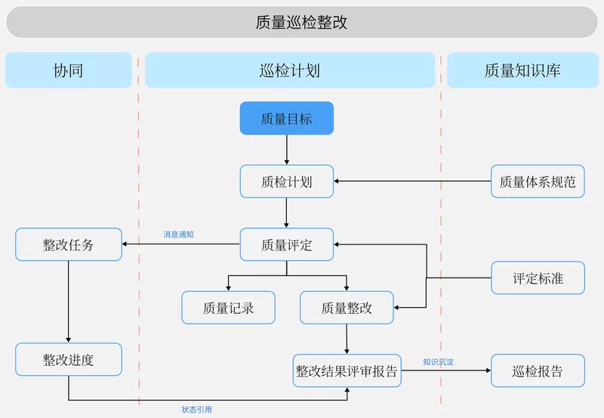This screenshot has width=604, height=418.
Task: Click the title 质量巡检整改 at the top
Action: [301, 22]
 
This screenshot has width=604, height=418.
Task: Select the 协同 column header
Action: [68, 70]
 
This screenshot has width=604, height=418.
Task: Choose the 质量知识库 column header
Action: [522, 70]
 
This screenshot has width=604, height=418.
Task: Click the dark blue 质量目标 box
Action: [286, 118]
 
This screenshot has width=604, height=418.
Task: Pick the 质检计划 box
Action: [286, 182]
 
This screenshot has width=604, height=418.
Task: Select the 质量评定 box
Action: [286, 244]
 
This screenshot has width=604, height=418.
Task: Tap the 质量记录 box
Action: [228, 308]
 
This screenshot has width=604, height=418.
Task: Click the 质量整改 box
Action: [347, 308]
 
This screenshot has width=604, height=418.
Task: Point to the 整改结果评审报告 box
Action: [347, 371]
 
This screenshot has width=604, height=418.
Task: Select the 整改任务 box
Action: [68, 244]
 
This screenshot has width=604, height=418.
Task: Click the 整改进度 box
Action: [68, 360]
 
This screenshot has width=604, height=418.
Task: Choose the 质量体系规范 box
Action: [538, 182]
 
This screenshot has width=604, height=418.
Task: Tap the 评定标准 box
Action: [538, 278]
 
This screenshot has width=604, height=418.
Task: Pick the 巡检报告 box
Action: [538, 371]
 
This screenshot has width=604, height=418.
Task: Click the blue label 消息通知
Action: [179, 235]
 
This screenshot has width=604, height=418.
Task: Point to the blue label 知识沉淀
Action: [439, 362]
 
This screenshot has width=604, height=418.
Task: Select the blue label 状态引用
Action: [196, 410]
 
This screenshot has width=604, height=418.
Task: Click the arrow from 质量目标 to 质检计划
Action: [286, 150]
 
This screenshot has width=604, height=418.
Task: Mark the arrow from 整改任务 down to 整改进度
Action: [68, 302]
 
